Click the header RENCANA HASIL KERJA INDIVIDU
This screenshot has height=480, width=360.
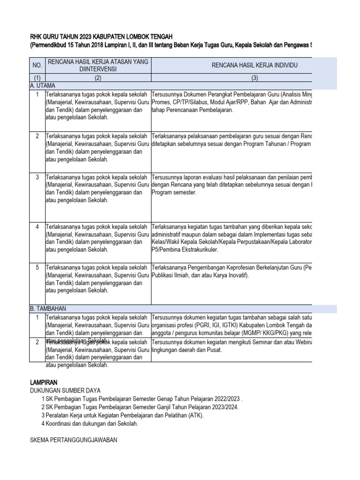(255, 65)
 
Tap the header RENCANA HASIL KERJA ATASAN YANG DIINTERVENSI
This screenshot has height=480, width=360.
(98, 65)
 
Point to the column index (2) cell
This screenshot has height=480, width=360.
(98, 78)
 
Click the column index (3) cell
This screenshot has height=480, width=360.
(255, 78)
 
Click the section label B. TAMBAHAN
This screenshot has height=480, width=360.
(48, 308)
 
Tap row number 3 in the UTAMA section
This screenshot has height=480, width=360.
(37, 177)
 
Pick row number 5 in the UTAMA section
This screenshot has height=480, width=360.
(37, 267)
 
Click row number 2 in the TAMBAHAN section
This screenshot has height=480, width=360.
(37, 342)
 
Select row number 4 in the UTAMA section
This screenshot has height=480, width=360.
(37, 227)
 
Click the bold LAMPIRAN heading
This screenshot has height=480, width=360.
(44, 382)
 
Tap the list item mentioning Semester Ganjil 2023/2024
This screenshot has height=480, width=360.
(142, 407)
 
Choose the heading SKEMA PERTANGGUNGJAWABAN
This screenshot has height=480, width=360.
(73, 440)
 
